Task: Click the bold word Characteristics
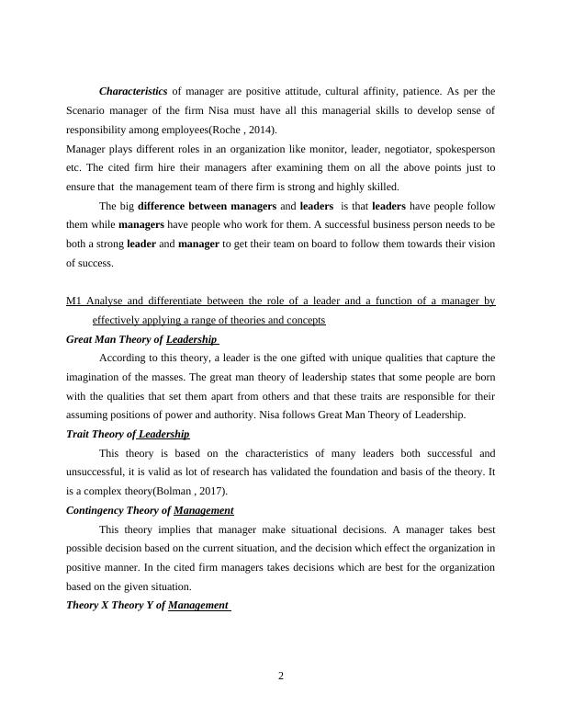click(x=133, y=92)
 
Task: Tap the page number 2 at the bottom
click(x=281, y=677)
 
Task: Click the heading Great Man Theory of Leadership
click(x=142, y=339)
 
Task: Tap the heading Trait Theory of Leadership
click(x=128, y=434)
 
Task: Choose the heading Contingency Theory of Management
click(x=150, y=510)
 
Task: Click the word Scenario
click(x=89, y=110)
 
